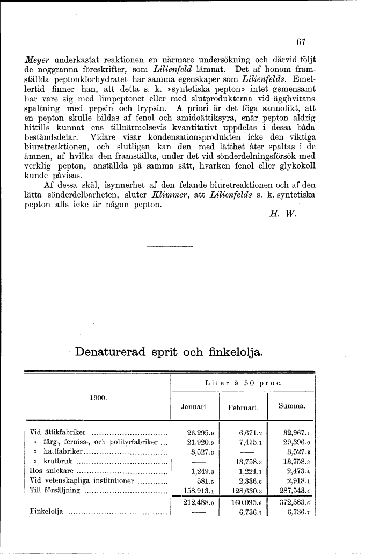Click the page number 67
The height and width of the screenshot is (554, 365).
[300, 43]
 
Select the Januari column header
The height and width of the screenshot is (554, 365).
[195, 407]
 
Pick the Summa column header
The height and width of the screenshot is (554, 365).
[291, 407]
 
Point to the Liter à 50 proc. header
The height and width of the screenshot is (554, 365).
[243, 383]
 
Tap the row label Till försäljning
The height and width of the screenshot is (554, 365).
[55, 490]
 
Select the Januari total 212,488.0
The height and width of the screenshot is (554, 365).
[199, 502]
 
